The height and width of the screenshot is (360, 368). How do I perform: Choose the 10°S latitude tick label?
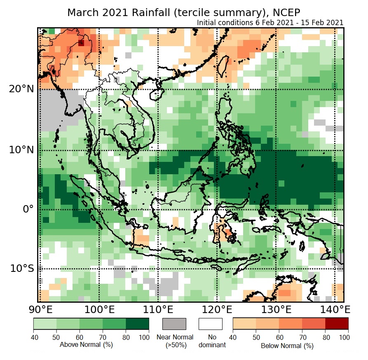click(22, 269)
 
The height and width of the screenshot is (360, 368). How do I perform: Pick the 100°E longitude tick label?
click(99, 309)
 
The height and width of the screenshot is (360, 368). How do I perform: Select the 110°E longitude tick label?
click(159, 309)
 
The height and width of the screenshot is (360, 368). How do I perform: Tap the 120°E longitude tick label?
click(218, 309)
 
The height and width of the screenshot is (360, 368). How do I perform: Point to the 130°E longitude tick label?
click(277, 309)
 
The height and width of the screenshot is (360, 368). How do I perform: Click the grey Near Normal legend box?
click(174, 324)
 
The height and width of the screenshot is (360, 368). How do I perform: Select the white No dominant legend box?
click(211, 324)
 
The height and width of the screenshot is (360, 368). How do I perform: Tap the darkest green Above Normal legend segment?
click(137, 324)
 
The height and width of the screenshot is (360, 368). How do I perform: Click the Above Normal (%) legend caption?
click(86, 344)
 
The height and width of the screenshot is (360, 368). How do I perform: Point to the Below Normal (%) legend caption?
click(287, 346)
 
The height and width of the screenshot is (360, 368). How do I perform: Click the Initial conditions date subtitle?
click(270, 23)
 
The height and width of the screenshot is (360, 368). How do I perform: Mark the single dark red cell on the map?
click(81, 42)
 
